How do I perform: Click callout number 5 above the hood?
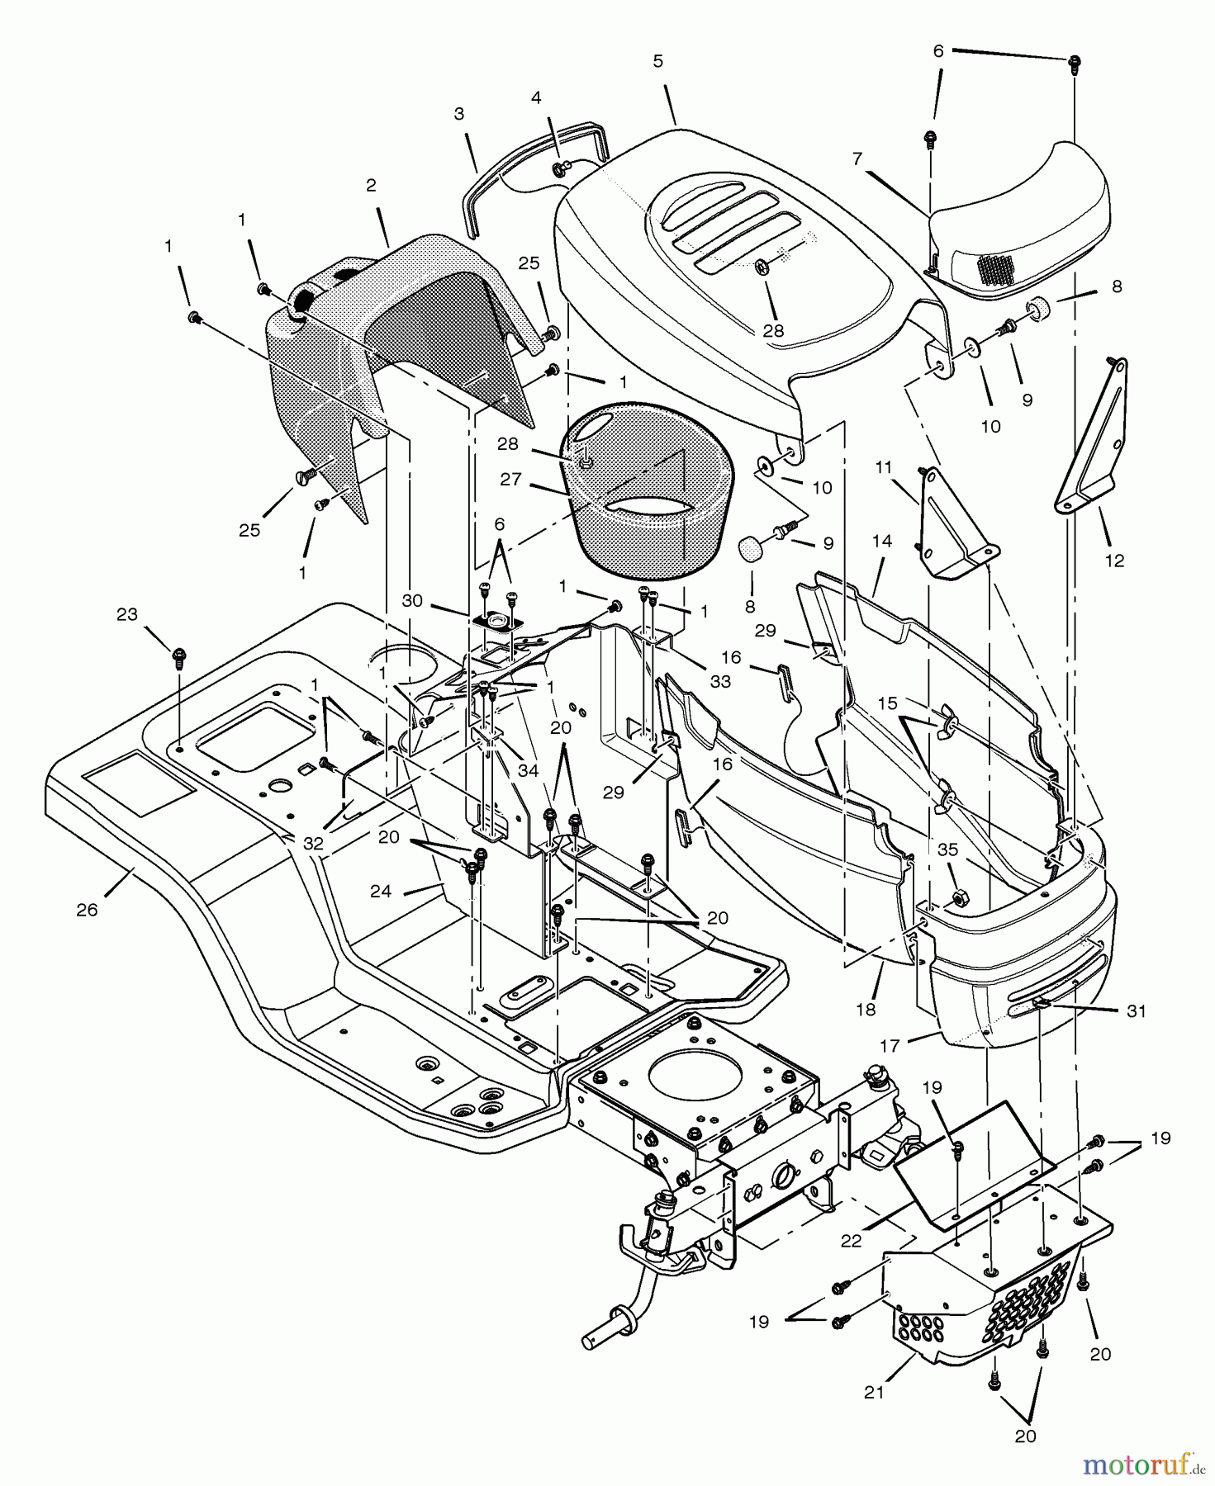[657, 61]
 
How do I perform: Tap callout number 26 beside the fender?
[87, 910]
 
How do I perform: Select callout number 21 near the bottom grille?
[874, 1392]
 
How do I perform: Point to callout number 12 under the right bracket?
[1114, 561]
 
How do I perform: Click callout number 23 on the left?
[126, 614]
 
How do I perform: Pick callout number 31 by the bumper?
[1137, 1011]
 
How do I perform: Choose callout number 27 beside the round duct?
[511, 478]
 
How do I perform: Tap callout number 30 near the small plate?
[413, 600]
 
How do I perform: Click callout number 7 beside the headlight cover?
[857, 158]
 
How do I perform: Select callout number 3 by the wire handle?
[459, 113]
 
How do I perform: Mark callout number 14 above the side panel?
[881, 541]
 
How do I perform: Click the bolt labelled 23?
[179, 657]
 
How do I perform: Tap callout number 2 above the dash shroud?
[372, 185]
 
